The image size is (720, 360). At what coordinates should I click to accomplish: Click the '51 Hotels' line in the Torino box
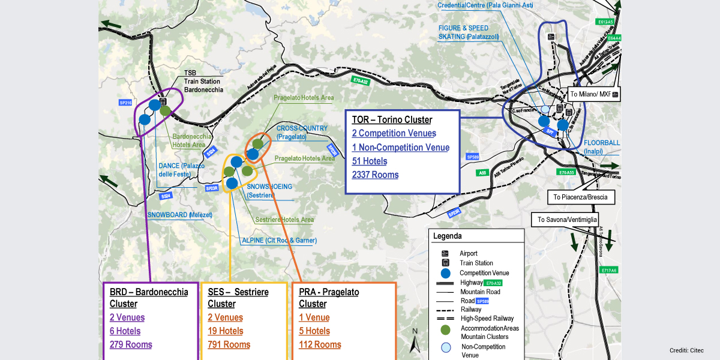click(370, 161)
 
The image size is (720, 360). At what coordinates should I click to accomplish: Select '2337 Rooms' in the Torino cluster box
click(376, 175)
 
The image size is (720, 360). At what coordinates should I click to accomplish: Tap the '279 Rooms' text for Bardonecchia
click(131, 344)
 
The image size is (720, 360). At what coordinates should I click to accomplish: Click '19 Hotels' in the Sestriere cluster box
click(226, 331)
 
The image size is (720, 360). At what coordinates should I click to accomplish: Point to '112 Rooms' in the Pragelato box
click(320, 344)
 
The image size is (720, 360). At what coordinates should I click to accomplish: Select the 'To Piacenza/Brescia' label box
click(581, 197)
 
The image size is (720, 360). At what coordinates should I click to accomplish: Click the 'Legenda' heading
click(448, 236)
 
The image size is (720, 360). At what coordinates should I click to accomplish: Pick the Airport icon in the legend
click(445, 253)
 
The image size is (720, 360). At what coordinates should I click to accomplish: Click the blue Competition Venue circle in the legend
click(445, 273)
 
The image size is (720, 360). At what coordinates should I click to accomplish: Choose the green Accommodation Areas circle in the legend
click(445, 329)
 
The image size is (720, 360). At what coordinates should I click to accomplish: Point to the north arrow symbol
click(414, 342)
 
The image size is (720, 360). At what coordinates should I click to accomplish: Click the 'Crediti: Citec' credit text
click(686, 350)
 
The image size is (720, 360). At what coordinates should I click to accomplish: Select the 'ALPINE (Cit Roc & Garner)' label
click(279, 241)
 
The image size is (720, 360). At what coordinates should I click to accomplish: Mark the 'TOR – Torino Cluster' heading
click(392, 120)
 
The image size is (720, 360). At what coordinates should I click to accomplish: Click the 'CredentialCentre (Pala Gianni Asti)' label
click(485, 5)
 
